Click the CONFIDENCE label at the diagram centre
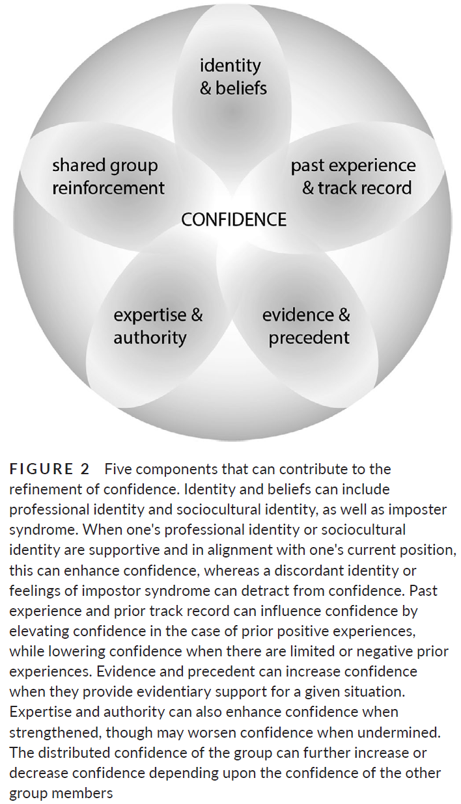click(x=233, y=220)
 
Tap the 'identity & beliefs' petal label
click(x=233, y=76)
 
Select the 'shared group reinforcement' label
click(x=108, y=177)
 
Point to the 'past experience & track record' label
click(x=353, y=177)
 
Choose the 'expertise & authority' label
click(x=158, y=327)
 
